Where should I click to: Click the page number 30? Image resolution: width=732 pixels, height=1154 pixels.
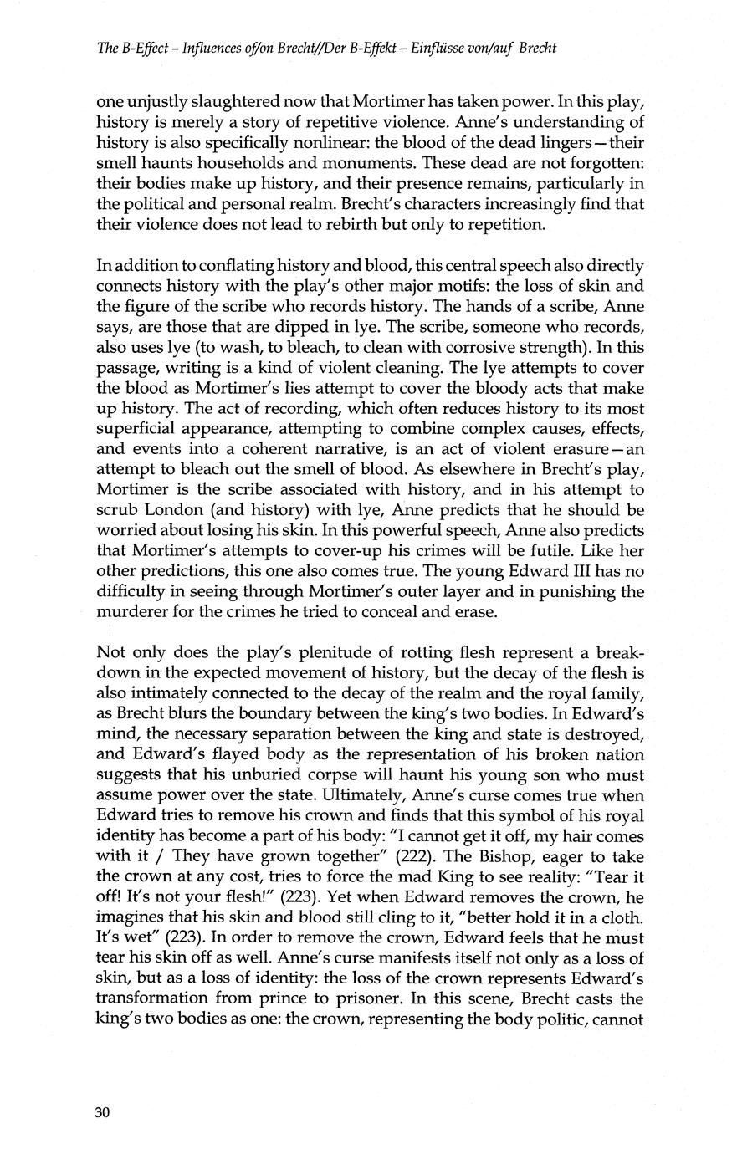click(x=103, y=1112)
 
